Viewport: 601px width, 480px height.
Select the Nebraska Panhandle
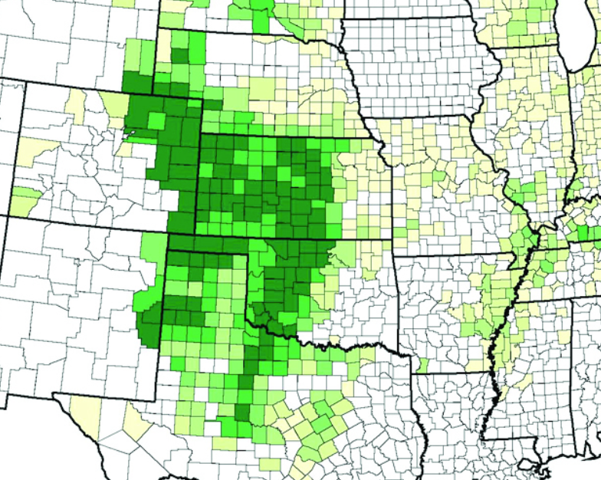pos(180,61)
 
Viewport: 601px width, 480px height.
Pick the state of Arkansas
pos(452,307)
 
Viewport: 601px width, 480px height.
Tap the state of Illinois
pos(521,138)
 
